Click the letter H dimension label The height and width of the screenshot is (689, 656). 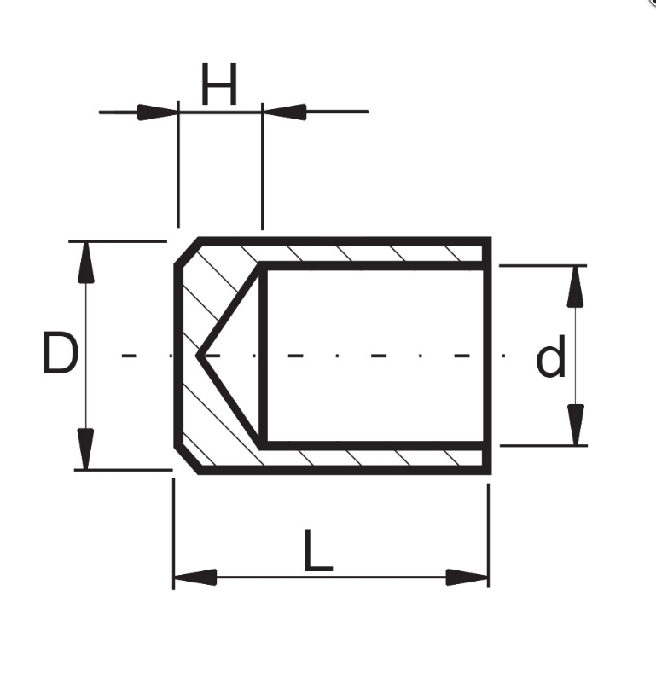pyautogui.click(x=219, y=84)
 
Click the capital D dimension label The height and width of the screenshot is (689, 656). pyautogui.click(x=61, y=353)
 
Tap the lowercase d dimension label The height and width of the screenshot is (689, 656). pyautogui.click(x=550, y=356)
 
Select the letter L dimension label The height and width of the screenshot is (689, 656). pyautogui.click(x=318, y=550)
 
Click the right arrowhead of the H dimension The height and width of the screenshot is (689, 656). pyautogui.click(x=284, y=112)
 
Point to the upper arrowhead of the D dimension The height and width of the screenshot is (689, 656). pyautogui.click(x=86, y=262)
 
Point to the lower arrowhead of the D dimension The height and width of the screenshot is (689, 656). pyautogui.click(x=86, y=449)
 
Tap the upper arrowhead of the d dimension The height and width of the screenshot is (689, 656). pyautogui.click(x=576, y=287)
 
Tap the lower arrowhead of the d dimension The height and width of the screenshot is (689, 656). pyautogui.click(x=576, y=425)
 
